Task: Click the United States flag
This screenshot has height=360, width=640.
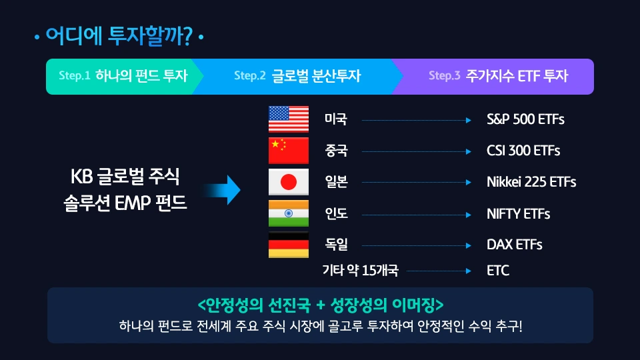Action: (288, 119)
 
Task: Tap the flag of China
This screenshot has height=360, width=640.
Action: (288, 151)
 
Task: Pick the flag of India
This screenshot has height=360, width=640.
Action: (288, 213)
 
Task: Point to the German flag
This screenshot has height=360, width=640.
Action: (288, 245)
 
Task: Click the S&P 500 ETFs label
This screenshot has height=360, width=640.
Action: (525, 120)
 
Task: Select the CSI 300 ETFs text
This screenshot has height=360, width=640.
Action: (523, 151)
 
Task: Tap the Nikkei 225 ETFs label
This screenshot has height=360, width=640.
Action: (531, 182)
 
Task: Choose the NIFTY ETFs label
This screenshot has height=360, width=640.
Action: (518, 214)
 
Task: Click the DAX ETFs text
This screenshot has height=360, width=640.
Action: (514, 245)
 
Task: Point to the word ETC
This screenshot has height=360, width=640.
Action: (498, 271)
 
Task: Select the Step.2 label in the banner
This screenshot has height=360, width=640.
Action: (250, 76)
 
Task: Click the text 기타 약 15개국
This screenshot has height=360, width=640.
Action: (360, 271)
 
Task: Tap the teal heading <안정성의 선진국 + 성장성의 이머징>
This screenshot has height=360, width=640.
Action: (321, 305)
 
